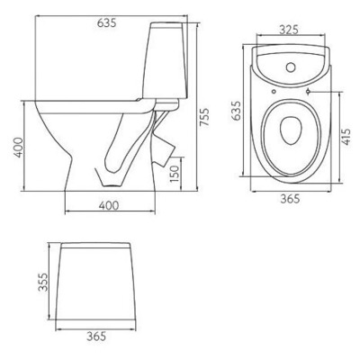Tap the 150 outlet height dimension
click(184, 168)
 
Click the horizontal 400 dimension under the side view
click(107, 206)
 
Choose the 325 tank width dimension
click(287, 29)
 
